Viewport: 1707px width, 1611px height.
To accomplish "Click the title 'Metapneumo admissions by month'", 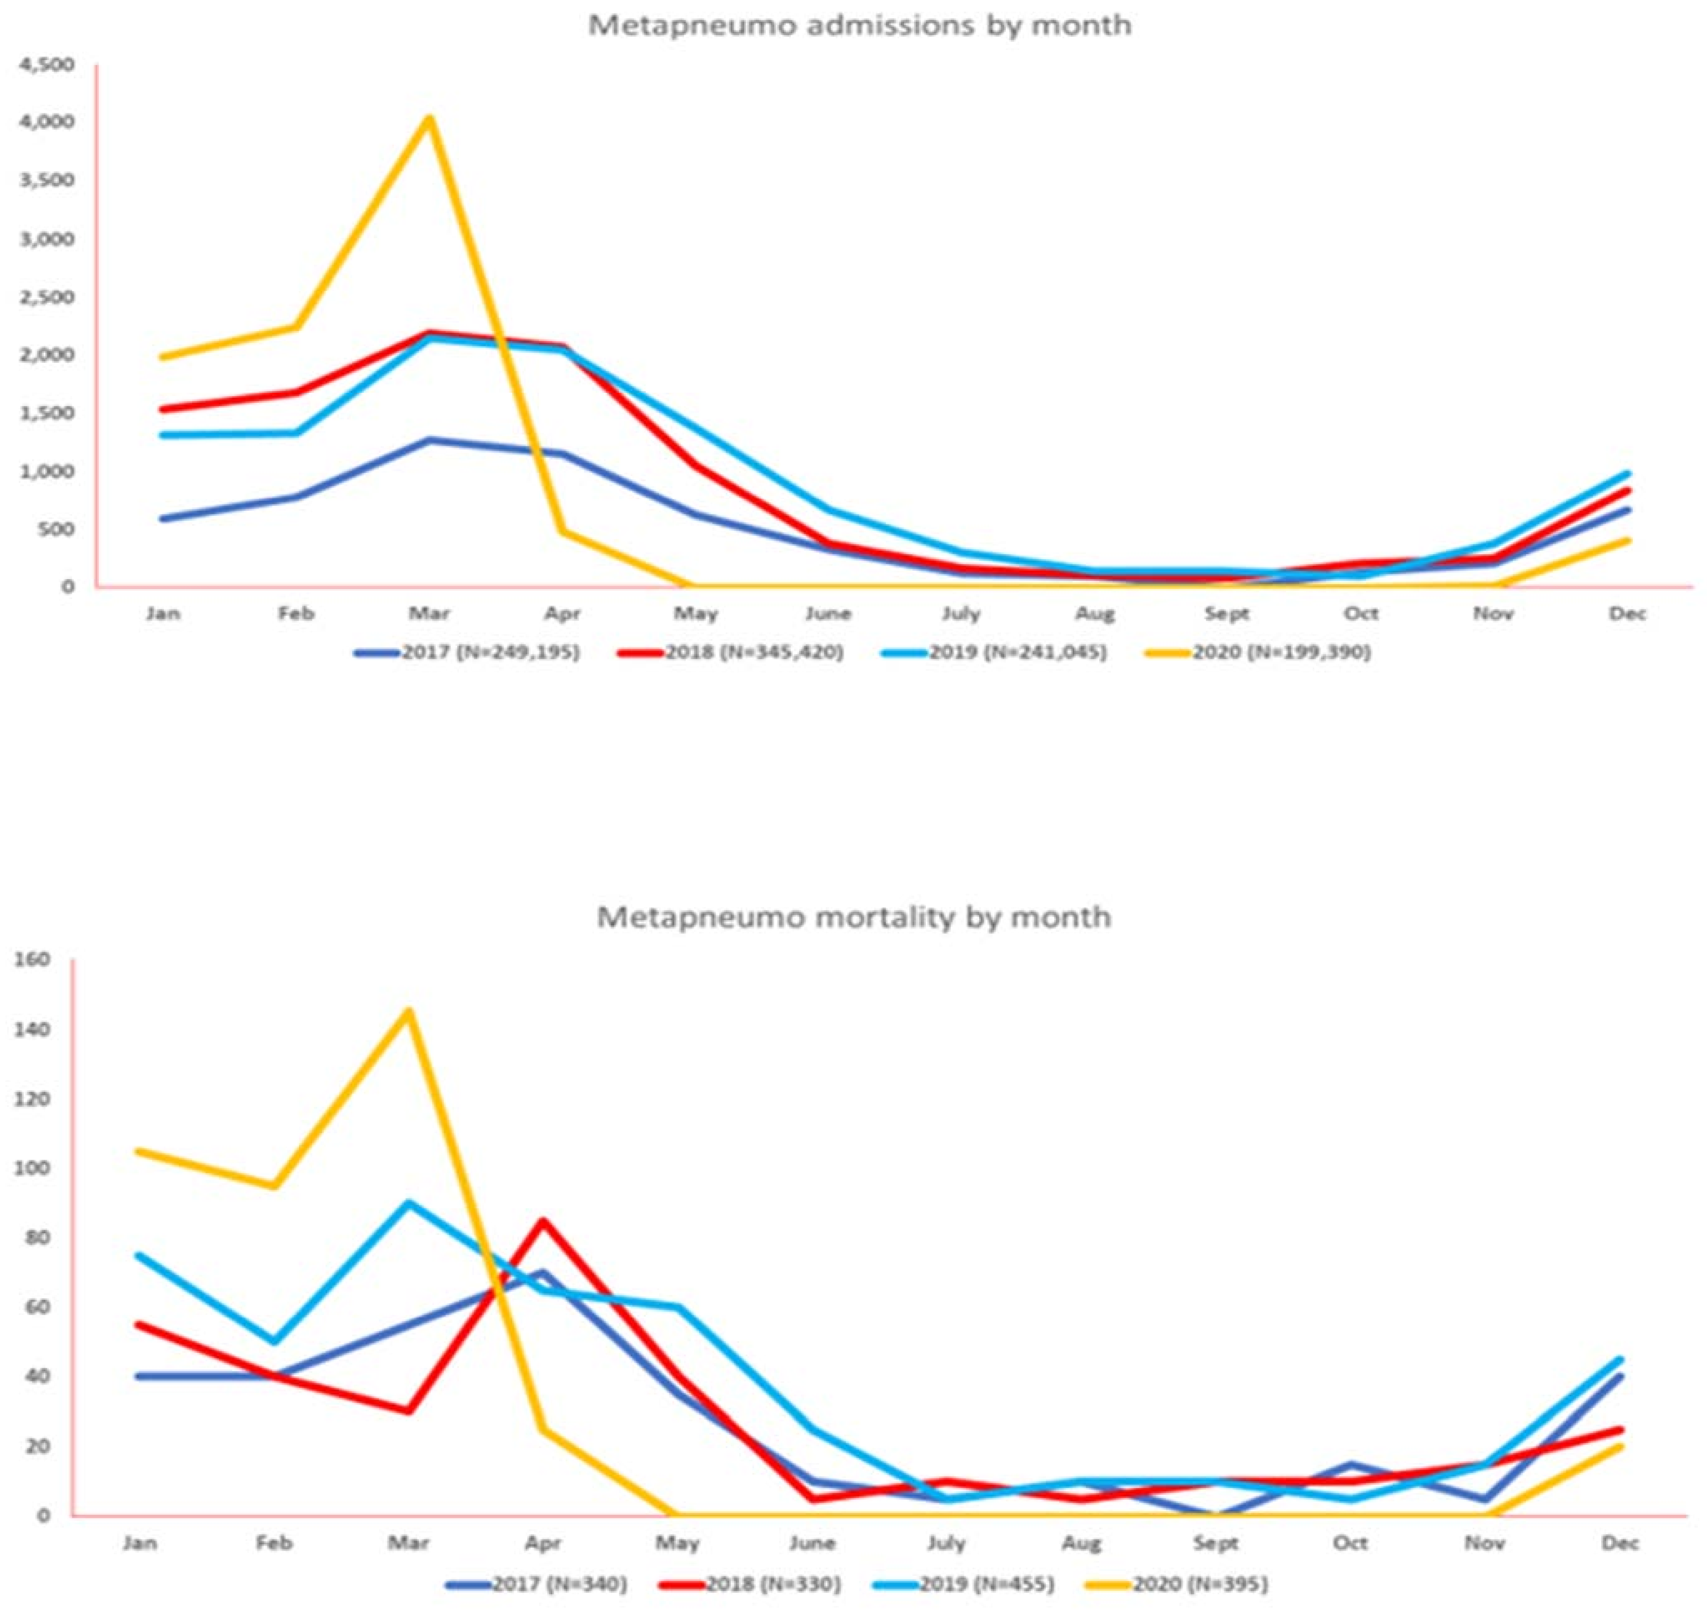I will tap(859, 25).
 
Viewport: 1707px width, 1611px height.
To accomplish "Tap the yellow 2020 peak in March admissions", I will tap(429, 118).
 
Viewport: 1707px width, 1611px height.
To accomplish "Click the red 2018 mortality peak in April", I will tap(543, 1220).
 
